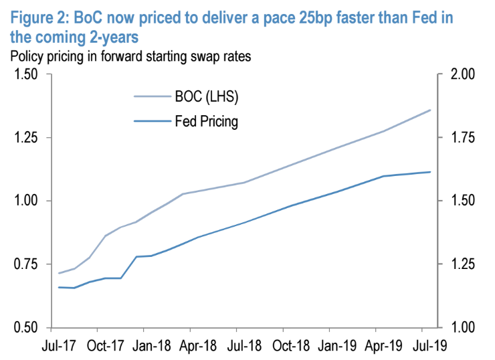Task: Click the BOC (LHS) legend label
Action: coord(206,98)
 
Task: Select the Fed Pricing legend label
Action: coord(206,122)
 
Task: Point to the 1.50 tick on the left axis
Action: coord(25,74)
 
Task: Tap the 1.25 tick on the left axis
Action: coord(25,138)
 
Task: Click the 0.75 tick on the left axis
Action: coord(25,265)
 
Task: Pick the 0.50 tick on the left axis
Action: coord(25,328)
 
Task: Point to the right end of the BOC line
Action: coord(430,110)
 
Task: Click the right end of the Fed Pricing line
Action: coord(430,172)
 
